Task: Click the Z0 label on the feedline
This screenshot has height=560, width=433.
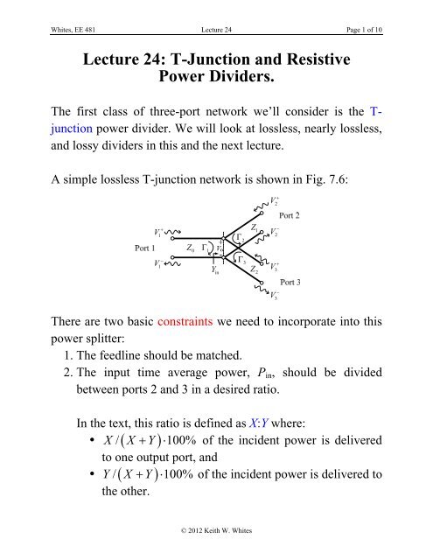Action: [x=192, y=248]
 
